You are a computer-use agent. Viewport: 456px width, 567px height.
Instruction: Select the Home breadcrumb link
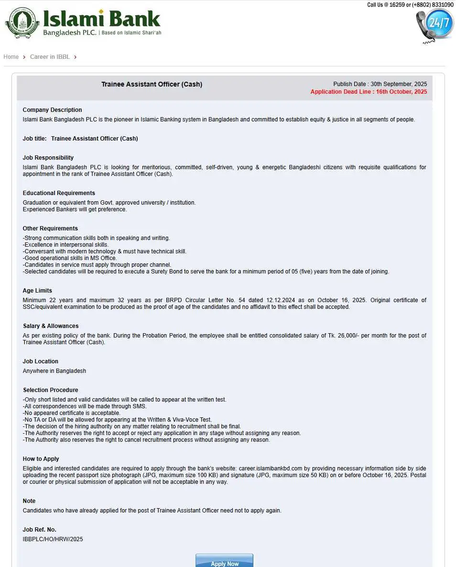[x=11, y=57]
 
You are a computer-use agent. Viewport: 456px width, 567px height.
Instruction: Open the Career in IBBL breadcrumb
[x=50, y=57]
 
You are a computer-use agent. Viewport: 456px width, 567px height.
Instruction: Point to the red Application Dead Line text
[x=369, y=92]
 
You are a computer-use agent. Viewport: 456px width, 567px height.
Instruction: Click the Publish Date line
[x=380, y=84]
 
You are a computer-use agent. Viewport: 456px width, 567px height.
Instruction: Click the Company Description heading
[x=52, y=110]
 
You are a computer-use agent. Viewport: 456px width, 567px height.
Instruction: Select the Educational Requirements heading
[x=59, y=193]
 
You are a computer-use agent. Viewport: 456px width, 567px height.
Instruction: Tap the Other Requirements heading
[x=50, y=229]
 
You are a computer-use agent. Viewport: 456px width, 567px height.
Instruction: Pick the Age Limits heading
[x=37, y=291]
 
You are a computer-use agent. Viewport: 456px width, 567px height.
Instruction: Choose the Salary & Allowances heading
[x=51, y=326]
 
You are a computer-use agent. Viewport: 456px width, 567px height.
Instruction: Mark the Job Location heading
[x=41, y=361]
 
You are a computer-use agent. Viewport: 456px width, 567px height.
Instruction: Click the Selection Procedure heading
[x=50, y=390]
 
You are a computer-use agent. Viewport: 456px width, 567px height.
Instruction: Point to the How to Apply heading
[x=41, y=459]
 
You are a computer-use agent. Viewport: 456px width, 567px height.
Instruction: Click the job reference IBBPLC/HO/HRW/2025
[x=53, y=539]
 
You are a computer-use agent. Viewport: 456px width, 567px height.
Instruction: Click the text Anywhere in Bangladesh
[x=54, y=371]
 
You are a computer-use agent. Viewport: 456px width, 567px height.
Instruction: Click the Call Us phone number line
[x=410, y=5]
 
